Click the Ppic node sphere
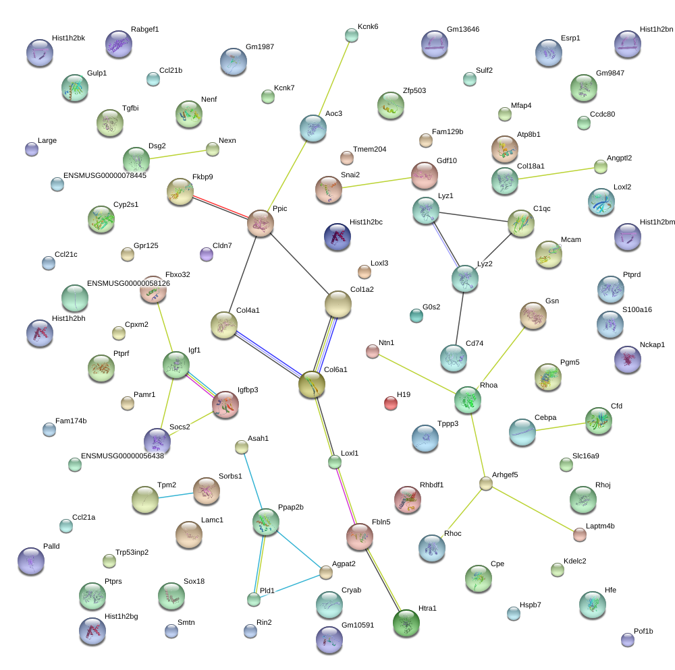click(261, 223)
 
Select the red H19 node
click(391, 403)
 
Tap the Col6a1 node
click(311, 384)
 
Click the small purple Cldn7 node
click(207, 254)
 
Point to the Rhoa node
click(467, 400)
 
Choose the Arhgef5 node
click(486, 483)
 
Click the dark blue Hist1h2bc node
click(337, 236)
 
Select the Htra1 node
click(406, 623)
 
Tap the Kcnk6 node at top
click(351, 35)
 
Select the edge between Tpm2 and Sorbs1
click(175, 495)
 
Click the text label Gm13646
click(463, 30)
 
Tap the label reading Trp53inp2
click(132, 552)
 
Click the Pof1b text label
click(644, 632)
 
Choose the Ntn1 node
click(373, 351)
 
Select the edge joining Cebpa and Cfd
click(560, 426)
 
